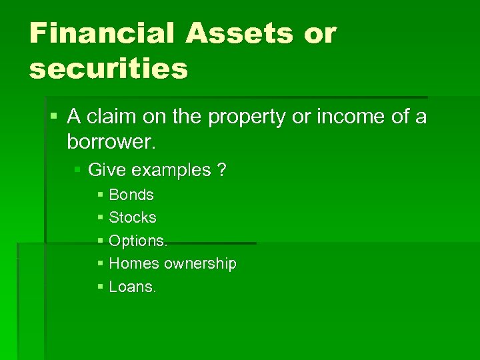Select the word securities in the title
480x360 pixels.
(x=109, y=68)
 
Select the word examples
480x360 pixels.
(x=171, y=171)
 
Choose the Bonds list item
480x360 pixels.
(x=131, y=195)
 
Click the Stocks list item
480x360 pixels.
(x=133, y=218)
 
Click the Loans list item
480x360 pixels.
(x=132, y=287)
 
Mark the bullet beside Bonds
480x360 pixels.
(x=100, y=195)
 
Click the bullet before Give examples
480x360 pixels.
(x=77, y=171)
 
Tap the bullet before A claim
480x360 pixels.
(x=54, y=117)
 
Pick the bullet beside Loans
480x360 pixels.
(x=100, y=287)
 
